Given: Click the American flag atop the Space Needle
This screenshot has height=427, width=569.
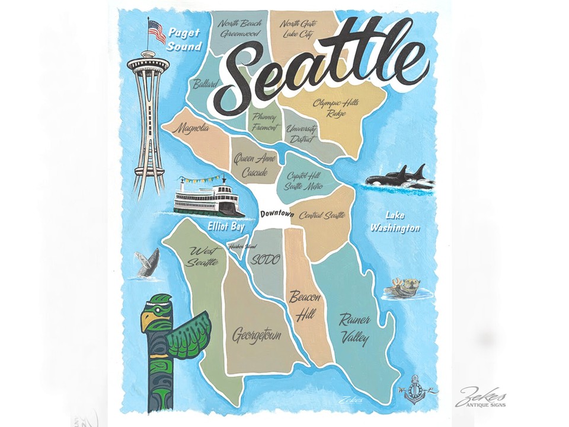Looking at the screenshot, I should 156,31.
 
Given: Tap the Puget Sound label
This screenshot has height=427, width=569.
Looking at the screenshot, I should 184,39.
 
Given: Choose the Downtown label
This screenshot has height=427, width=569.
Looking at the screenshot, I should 277,213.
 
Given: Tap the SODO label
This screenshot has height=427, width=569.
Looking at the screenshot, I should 265,259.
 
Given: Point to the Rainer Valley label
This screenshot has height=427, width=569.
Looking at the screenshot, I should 354,329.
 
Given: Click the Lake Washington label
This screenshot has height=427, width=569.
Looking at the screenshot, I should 395,221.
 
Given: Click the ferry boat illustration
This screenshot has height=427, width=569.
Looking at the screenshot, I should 208,196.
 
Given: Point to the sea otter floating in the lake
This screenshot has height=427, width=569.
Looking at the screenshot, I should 404,288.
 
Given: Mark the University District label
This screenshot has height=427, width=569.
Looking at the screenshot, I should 301,134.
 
